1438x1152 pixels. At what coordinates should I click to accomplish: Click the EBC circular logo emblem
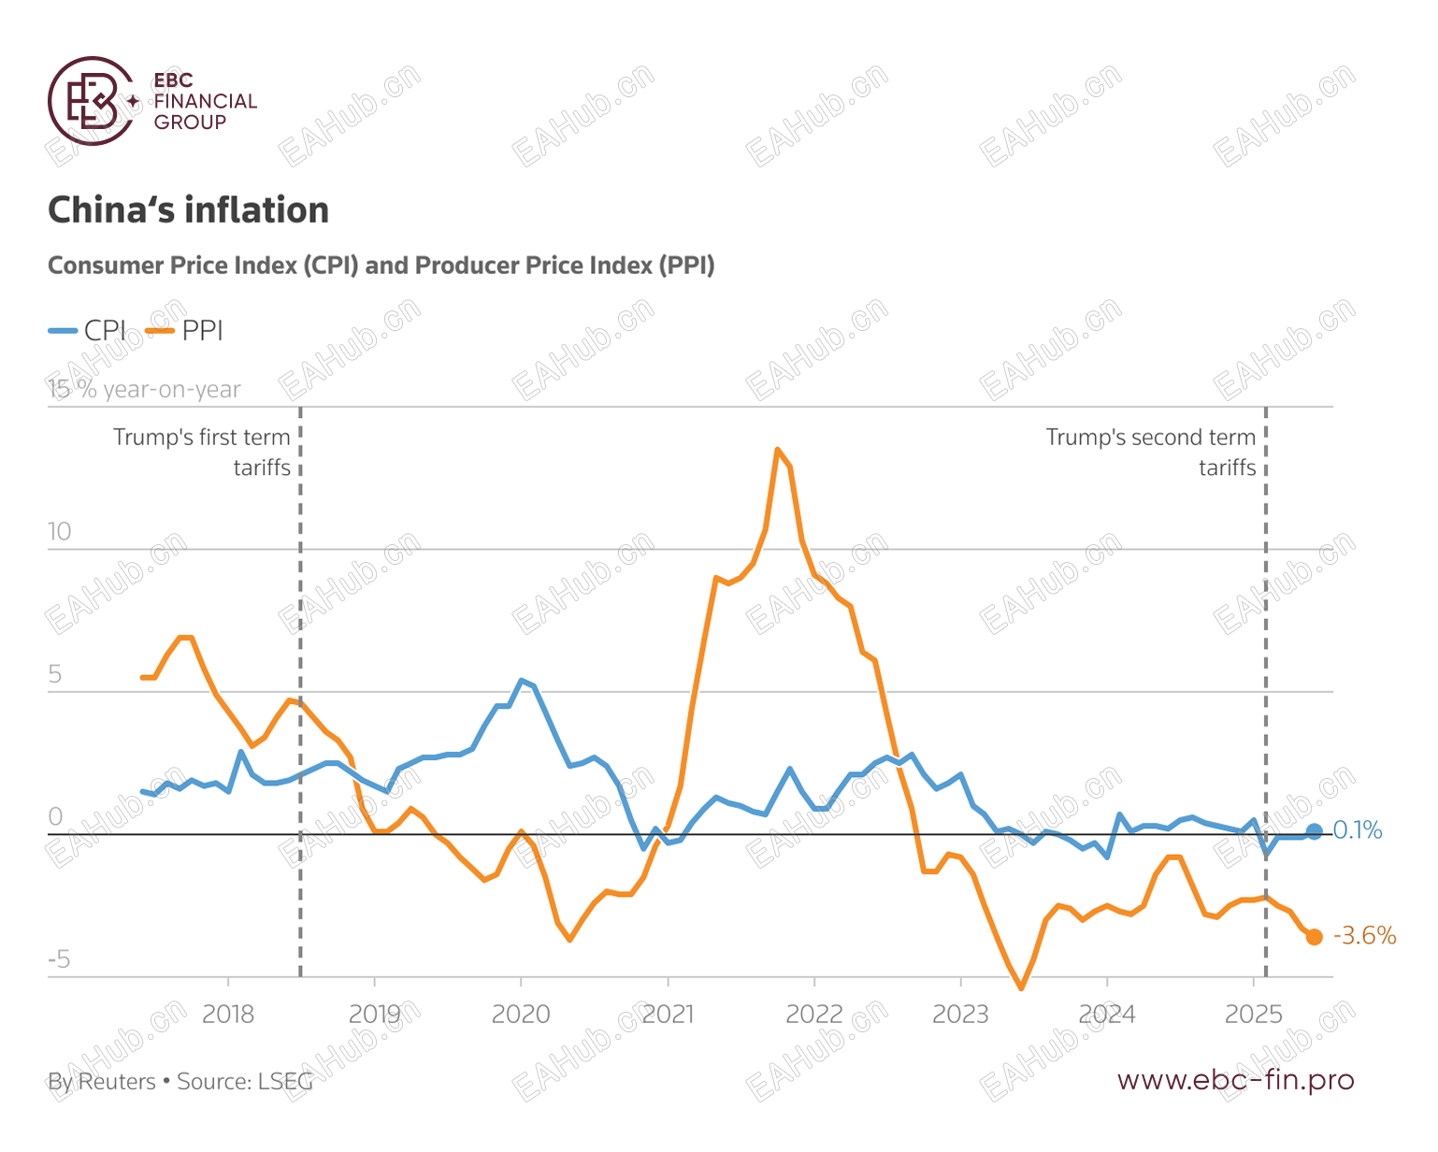(92, 101)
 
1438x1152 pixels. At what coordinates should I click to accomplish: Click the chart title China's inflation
(188, 210)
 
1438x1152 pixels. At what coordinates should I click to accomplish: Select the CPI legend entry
(89, 330)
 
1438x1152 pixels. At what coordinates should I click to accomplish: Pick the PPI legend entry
(187, 330)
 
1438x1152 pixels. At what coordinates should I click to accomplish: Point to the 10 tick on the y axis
(59, 532)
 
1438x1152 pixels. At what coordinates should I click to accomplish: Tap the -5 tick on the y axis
(58, 959)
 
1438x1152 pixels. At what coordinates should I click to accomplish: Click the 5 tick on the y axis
(55, 674)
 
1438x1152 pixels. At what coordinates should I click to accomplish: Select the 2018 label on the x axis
(228, 1015)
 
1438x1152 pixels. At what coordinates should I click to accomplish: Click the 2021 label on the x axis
(668, 1015)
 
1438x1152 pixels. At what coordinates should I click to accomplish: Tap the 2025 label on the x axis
(1253, 1015)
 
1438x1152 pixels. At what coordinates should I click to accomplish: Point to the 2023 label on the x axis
(960, 1015)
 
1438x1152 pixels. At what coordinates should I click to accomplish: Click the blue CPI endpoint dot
(1315, 831)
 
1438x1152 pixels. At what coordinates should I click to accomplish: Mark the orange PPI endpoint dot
(1315, 937)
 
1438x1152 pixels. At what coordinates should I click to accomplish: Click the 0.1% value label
(1358, 830)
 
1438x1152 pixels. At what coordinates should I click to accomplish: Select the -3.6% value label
(1364, 936)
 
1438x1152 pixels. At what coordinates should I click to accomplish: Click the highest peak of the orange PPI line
(777, 450)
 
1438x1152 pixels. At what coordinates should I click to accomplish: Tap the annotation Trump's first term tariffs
(203, 453)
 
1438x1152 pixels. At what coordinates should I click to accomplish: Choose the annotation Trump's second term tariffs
(1151, 453)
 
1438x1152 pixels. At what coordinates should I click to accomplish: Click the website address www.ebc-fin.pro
(1235, 1080)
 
